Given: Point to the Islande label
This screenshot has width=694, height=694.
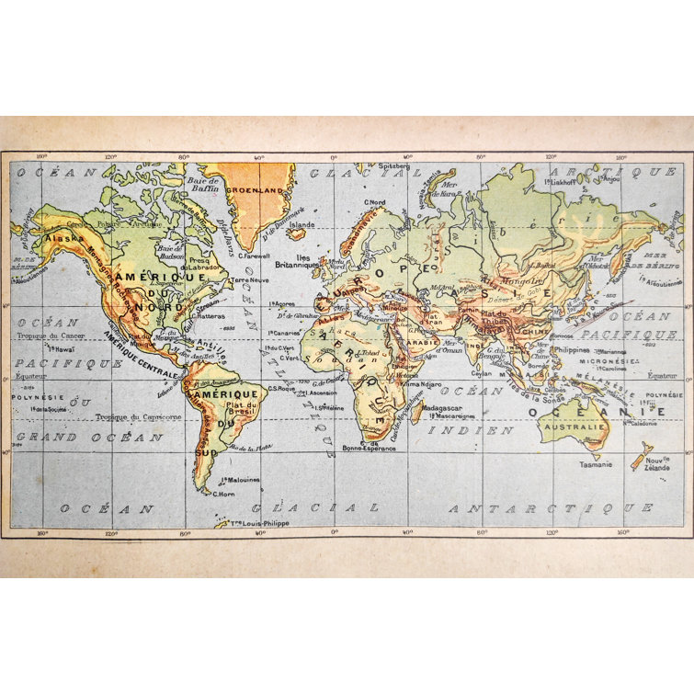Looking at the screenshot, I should (301, 223).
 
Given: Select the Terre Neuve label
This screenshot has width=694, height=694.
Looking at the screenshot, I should (249, 279).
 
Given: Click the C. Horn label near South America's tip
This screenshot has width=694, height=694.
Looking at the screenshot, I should (225, 494).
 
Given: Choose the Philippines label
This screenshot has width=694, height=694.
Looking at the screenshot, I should (572, 349).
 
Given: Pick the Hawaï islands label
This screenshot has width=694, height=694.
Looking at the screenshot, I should (62, 349).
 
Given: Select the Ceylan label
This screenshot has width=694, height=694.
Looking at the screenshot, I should (483, 374).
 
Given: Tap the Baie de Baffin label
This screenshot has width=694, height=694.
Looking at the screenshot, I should (202, 187).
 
